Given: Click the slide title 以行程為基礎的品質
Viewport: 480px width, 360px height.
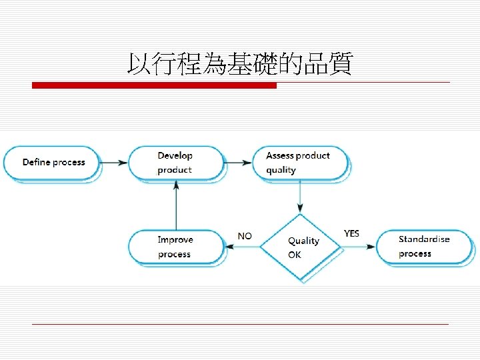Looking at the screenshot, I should (x=239, y=65).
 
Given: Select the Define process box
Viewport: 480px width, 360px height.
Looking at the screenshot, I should (x=53, y=162).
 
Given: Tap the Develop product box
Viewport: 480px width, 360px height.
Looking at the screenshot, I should (x=175, y=163).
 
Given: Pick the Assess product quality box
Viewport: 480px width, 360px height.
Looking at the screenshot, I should (x=299, y=163).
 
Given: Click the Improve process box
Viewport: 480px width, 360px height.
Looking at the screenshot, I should (x=175, y=247).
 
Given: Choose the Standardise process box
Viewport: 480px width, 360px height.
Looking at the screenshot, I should (x=425, y=246).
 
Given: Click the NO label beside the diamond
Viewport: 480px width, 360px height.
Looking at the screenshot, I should (x=245, y=236).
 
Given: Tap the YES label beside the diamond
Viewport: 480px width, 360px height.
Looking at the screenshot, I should (x=351, y=233).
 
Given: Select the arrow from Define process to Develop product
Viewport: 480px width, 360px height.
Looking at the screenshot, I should (x=115, y=163).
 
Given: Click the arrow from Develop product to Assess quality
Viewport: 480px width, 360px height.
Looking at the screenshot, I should (x=238, y=163).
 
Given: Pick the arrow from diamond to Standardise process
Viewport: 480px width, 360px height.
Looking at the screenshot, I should (x=359, y=247).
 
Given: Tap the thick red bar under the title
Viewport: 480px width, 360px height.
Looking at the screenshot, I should (x=154, y=85).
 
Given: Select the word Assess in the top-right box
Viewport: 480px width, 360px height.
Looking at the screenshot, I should (x=279, y=155).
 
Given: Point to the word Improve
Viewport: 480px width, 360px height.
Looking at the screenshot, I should (x=175, y=240).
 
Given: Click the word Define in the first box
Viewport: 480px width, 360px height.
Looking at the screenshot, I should (x=35, y=162).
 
